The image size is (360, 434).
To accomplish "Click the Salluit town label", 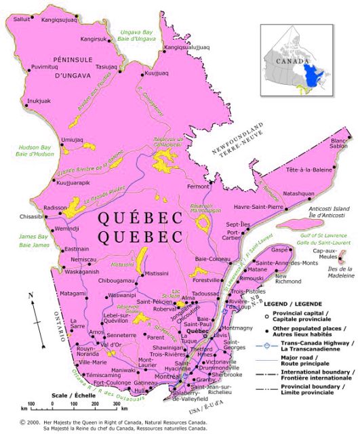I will coord(20,20).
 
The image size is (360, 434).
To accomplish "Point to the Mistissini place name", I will coord(157,273).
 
